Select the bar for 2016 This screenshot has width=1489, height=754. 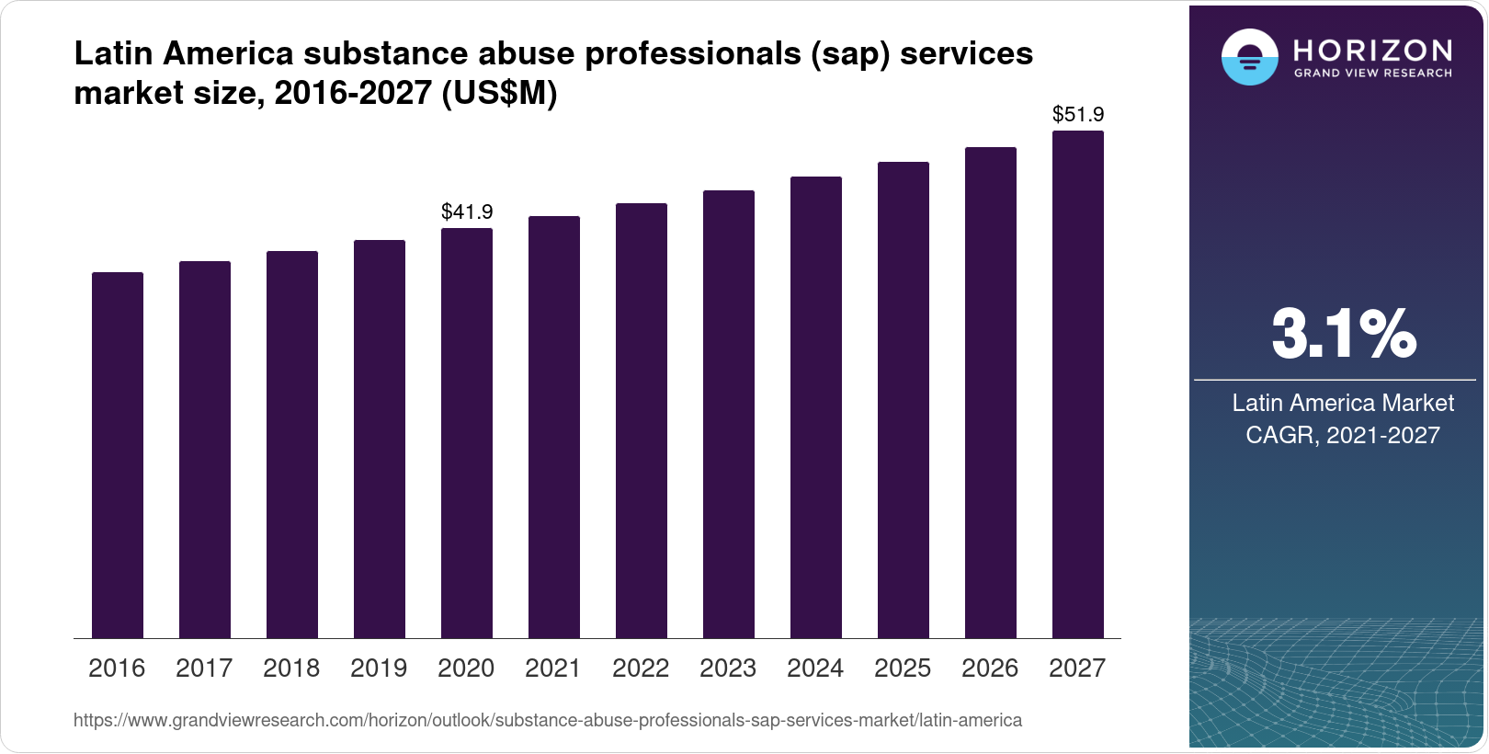[x=118, y=455]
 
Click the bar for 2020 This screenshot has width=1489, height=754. [x=467, y=433]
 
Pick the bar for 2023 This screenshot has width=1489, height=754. [x=729, y=415]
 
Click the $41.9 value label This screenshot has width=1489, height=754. [x=467, y=212]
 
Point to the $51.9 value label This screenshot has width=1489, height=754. [x=1078, y=115]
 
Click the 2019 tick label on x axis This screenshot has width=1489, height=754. [x=379, y=668]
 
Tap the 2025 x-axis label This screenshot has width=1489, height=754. [x=903, y=668]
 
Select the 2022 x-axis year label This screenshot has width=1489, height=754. [x=641, y=668]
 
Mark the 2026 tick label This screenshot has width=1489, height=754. [x=990, y=668]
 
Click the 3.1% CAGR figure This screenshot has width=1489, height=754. [x=1343, y=335]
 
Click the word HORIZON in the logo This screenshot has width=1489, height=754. [x=1373, y=50]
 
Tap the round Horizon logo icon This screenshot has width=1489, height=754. [x=1249, y=57]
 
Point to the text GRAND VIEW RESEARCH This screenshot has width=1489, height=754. [x=1373, y=73]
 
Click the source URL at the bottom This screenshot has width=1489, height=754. [x=548, y=721]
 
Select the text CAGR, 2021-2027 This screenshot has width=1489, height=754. [x=1343, y=435]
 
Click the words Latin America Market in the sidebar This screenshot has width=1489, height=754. [x=1343, y=403]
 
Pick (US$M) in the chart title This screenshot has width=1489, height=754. [x=500, y=94]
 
